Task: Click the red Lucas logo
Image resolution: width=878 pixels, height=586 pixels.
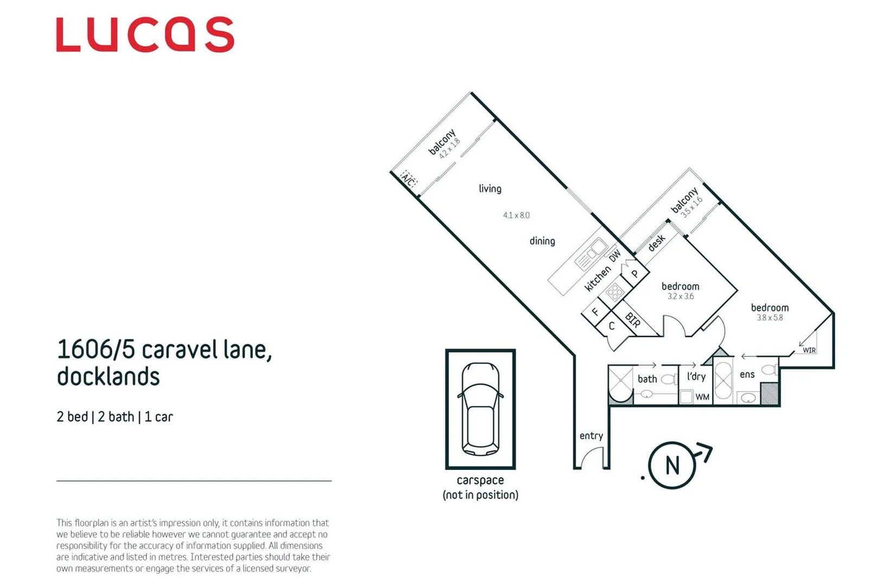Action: [145, 35]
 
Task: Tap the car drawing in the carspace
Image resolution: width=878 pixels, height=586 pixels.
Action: [480, 409]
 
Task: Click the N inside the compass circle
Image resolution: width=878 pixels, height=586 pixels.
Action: [672, 466]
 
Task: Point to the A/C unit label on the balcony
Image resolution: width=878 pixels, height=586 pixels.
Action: [408, 179]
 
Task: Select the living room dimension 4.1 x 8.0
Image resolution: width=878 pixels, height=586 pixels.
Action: [516, 215]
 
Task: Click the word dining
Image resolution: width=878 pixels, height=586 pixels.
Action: [542, 241]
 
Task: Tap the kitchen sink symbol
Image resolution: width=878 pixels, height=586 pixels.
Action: [591, 253]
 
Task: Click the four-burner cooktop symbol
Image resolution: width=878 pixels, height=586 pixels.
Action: [614, 292]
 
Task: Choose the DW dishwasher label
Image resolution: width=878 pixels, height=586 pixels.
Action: [615, 256]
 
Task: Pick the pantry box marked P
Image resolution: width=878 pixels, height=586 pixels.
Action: [635, 274]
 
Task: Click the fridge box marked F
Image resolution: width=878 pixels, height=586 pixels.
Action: [595, 312]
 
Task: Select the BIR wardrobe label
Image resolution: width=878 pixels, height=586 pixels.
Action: [632, 320]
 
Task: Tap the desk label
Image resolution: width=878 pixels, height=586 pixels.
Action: [656, 243]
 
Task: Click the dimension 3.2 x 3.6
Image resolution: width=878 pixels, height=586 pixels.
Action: [680, 296]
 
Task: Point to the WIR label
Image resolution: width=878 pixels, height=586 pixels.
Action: [809, 351]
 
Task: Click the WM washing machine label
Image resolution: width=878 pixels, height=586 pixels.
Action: [702, 397]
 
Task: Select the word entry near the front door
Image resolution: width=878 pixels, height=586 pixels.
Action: [591, 436]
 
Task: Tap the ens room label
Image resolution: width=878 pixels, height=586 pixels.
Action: [747, 374]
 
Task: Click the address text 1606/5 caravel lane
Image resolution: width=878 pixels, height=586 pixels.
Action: [164, 349]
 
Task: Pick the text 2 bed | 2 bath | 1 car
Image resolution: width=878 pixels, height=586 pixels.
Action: [114, 417]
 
